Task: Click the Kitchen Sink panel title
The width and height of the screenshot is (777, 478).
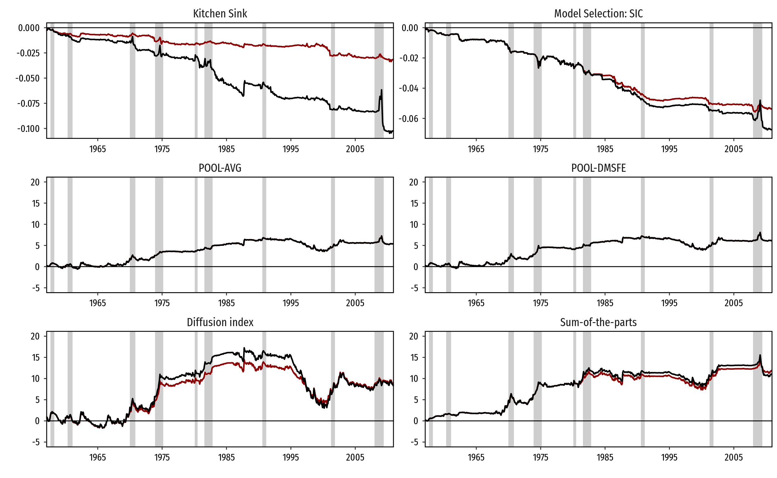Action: point(220,14)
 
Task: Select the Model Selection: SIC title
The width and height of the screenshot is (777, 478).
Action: point(598,14)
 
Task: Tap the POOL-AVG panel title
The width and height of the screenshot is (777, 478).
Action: point(220,168)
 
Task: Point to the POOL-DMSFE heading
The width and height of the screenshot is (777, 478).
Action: point(598,168)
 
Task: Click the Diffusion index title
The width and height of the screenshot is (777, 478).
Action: point(220,322)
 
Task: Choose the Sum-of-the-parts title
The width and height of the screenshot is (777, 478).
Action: point(598,322)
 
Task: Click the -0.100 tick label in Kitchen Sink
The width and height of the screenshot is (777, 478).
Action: point(28,129)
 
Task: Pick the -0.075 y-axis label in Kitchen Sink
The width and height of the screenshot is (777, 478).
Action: point(28,103)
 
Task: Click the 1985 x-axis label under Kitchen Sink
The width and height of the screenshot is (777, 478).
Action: point(226,149)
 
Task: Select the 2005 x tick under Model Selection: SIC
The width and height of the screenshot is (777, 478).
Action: point(733,149)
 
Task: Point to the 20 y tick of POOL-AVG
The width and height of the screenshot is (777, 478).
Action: point(35,182)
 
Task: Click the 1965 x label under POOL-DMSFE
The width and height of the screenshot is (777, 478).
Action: point(476,303)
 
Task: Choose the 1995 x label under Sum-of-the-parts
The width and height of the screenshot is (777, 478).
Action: point(669,457)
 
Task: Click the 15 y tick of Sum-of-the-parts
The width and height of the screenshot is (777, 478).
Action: point(414,358)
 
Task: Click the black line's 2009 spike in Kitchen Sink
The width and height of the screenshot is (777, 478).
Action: point(381,91)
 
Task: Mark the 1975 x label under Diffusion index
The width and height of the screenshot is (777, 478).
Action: point(162,457)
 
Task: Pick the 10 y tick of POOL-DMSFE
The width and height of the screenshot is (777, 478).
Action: point(414,225)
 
